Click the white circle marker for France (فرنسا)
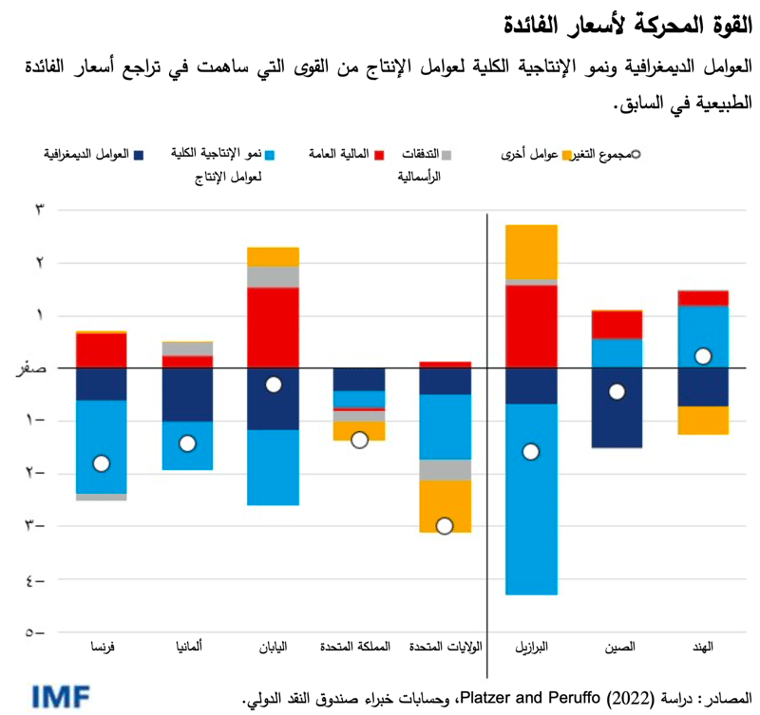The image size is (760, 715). coord(102,463)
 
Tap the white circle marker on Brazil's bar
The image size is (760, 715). coord(531,451)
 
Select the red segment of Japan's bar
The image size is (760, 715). coord(274,328)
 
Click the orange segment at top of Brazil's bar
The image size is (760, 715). coord(531,252)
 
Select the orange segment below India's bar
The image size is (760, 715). coord(703,420)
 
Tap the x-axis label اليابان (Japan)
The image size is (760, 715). coord(274,648)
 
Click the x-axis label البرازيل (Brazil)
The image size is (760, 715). coord(531,648)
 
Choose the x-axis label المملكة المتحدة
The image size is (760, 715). coord(358,648)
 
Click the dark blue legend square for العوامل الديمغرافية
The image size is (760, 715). coord(138,154)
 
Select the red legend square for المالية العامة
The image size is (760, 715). coord(378,154)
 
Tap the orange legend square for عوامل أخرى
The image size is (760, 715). coord(568,154)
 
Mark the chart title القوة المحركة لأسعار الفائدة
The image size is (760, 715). coord(656,21)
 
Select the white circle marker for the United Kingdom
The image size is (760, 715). coord(359,440)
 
